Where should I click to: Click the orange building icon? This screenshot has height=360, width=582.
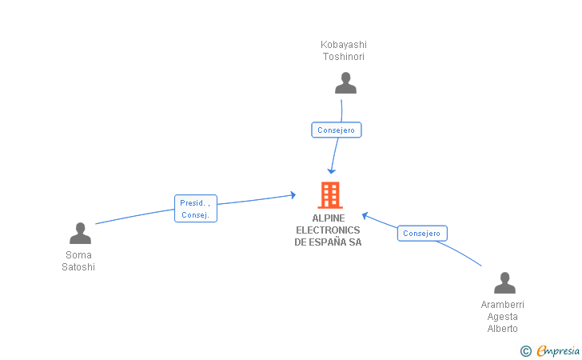[x=329, y=195]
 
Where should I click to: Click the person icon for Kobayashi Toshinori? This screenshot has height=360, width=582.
[x=345, y=83]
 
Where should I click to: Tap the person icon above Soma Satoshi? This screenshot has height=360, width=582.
[x=80, y=234]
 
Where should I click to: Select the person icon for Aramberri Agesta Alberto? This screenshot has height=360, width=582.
[x=504, y=283]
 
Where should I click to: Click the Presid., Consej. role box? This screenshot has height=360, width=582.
[x=196, y=209]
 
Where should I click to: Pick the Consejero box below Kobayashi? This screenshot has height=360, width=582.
[x=337, y=130]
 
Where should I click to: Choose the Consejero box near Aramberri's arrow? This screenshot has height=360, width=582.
[x=422, y=234]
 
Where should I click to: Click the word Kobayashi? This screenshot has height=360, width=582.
[x=344, y=45]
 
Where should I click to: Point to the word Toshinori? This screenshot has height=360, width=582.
[x=344, y=57]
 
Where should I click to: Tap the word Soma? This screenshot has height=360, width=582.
[x=78, y=255]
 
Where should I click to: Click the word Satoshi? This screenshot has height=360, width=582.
[x=78, y=267]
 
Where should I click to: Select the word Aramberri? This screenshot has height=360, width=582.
[x=503, y=305]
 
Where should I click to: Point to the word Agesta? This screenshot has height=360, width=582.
[x=503, y=317]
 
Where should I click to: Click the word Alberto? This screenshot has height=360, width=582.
[x=503, y=329]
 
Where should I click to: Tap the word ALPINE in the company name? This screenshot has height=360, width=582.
[x=329, y=218]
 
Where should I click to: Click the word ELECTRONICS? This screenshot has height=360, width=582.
[x=329, y=230]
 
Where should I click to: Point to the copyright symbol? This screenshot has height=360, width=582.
[x=526, y=350]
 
